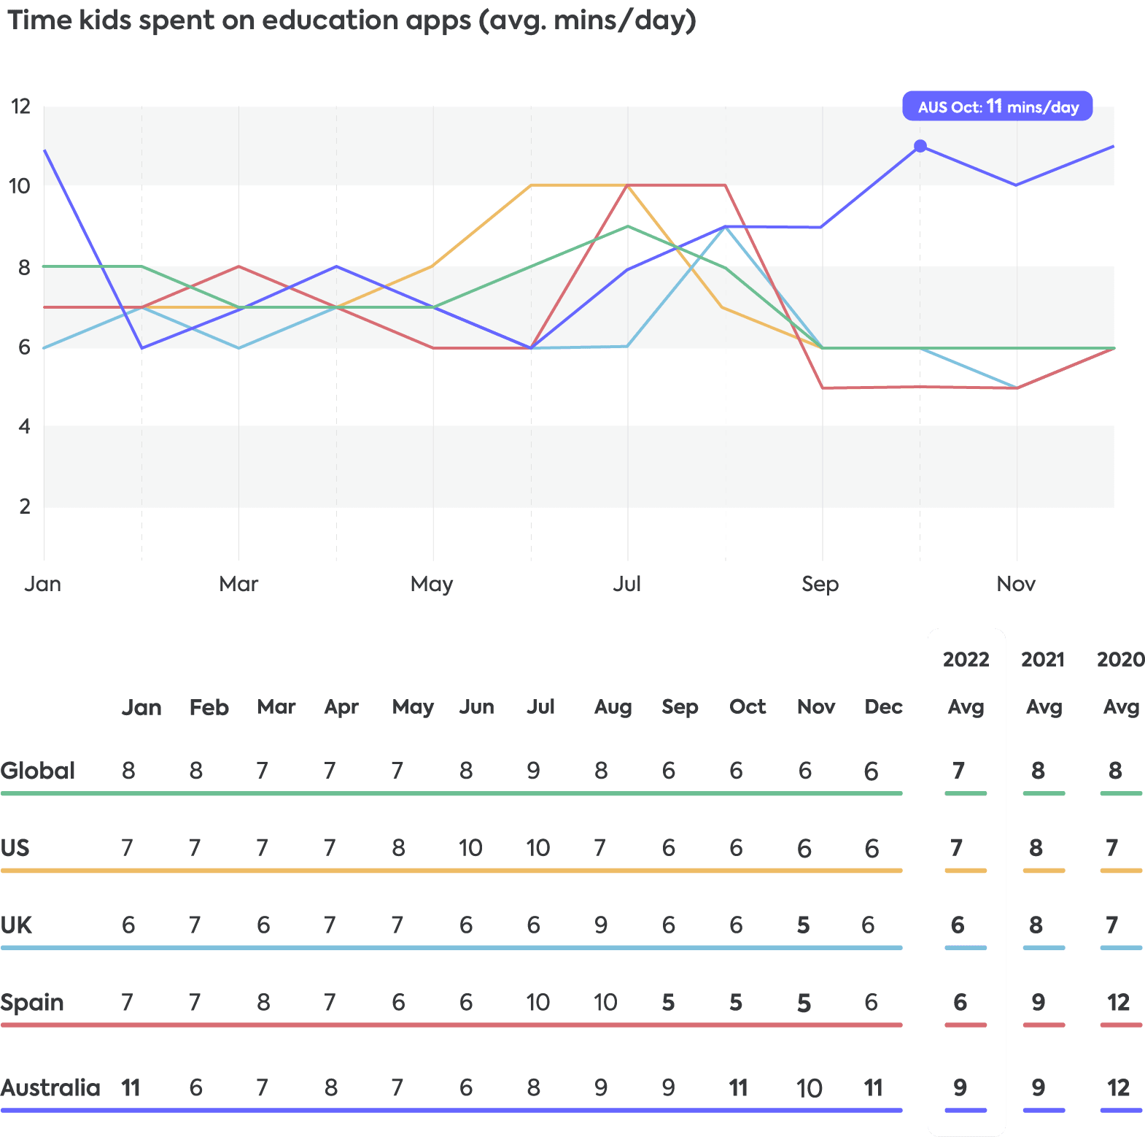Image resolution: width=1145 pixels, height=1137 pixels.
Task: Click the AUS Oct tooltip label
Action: [x=997, y=107]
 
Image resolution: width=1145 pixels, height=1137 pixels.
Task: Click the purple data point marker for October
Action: [x=920, y=146]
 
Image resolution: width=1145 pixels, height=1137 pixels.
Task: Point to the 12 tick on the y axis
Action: [x=20, y=107]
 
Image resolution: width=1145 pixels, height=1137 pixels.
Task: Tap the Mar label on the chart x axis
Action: [x=238, y=584]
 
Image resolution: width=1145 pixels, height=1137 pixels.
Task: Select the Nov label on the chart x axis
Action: [x=1016, y=584]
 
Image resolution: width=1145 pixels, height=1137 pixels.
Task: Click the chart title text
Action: [x=352, y=20]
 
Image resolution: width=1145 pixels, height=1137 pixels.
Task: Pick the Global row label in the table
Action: [x=38, y=771]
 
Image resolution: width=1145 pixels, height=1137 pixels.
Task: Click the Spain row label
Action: [x=32, y=1003]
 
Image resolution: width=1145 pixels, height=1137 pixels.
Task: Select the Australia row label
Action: [x=50, y=1088]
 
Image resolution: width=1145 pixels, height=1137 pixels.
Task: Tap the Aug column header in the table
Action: [x=613, y=707]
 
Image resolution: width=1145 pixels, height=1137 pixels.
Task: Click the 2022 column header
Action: [x=966, y=660]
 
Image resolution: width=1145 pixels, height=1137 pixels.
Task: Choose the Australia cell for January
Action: [x=130, y=1088]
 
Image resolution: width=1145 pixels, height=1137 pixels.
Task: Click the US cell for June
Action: [x=470, y=848]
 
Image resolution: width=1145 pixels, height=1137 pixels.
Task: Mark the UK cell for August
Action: [x=601, y=925]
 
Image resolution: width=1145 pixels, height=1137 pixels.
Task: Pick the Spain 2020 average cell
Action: [x=1118, y=1003]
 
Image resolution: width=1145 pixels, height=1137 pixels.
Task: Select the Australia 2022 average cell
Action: [x=960, y=1088]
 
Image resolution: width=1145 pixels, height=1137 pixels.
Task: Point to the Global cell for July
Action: [x=534, y=771]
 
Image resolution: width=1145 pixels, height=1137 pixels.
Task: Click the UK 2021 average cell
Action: [x=1036, y=925]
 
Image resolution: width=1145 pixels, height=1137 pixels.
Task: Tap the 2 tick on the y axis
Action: [x=25, y=506]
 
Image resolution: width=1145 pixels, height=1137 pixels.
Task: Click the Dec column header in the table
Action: [x=883, y=707]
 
